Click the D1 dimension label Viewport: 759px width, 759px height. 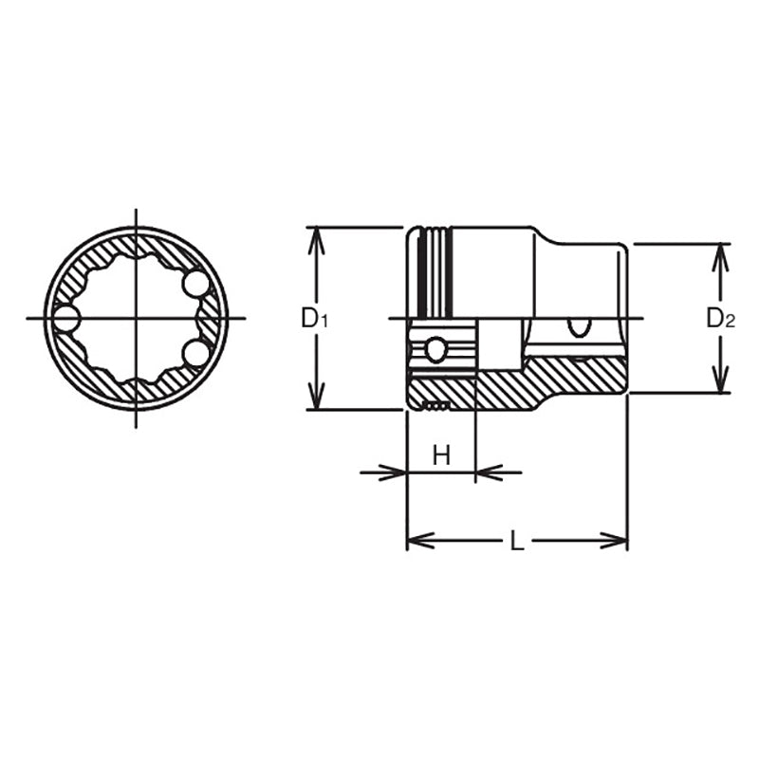click(314, 318)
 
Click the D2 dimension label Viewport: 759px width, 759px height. click(720, 319)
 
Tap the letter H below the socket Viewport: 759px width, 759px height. click(441, 456)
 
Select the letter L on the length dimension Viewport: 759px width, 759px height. click(516, 542)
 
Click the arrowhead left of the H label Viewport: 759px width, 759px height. click(396, 472)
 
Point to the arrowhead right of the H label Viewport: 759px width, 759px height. click(486, 472)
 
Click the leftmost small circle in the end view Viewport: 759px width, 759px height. click(65, 318)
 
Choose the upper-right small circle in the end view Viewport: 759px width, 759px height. click(195, 284)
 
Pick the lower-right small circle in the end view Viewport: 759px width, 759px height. click(195, 353)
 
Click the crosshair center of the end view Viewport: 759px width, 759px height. click(136, 318)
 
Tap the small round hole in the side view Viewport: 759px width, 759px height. click(435, 351)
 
